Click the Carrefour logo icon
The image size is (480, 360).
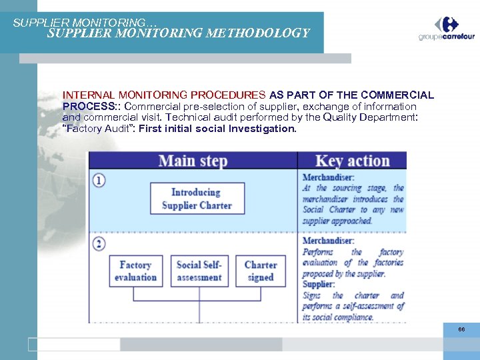tap(447, 24)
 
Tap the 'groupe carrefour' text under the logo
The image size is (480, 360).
tap(447, 37)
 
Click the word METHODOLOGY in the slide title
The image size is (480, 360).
tap(261, 33)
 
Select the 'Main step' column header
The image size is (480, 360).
tap(193, 161)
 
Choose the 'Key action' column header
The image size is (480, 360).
tap(352, 161)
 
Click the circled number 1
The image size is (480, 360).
tap(99, 180)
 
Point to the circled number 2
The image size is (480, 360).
tap(99, 243)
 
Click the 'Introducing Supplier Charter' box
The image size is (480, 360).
tap(196, 199)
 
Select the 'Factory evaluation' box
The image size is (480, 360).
tap(135, 271)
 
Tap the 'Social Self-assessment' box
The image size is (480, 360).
tap(199, 271)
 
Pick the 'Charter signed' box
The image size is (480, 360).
tap(260, 271)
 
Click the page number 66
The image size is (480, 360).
tap(461, 329)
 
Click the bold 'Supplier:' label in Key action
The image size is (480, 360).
tap(319, 285)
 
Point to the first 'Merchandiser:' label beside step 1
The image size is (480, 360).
tap(328, 177)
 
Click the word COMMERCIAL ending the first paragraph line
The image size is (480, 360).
tap(398, 95)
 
